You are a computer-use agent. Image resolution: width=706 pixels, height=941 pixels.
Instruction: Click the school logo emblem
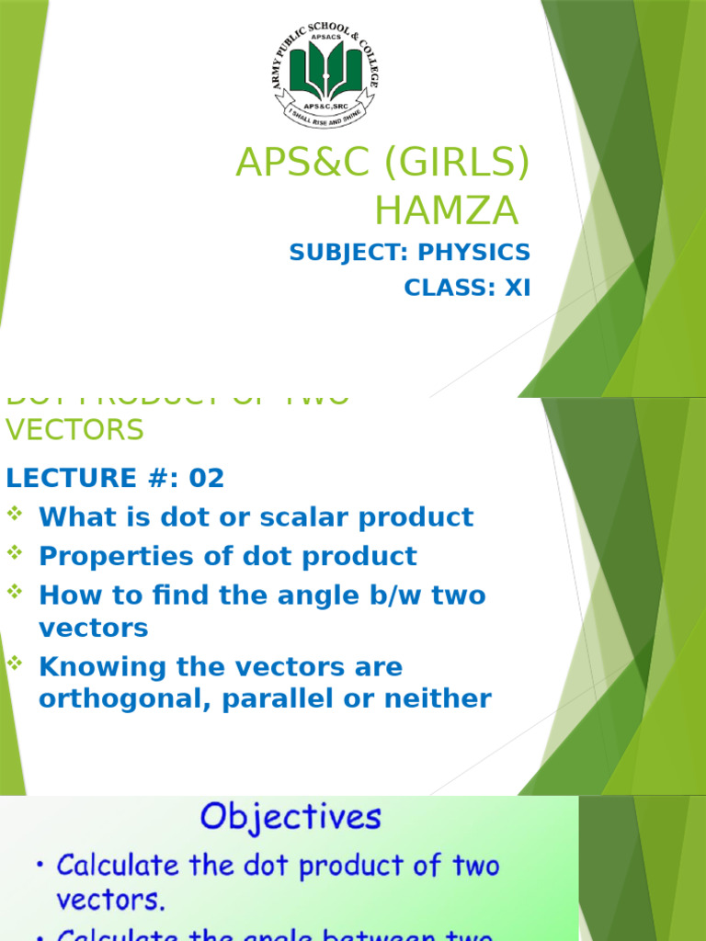point(325,76)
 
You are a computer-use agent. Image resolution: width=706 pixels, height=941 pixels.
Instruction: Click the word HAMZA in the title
point(446,211)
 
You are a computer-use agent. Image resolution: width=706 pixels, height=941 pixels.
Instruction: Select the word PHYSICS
point(474,253)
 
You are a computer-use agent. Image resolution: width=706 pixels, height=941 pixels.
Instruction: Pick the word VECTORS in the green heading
point(74,429)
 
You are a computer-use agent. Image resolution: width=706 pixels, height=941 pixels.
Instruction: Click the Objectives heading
point(290,817)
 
